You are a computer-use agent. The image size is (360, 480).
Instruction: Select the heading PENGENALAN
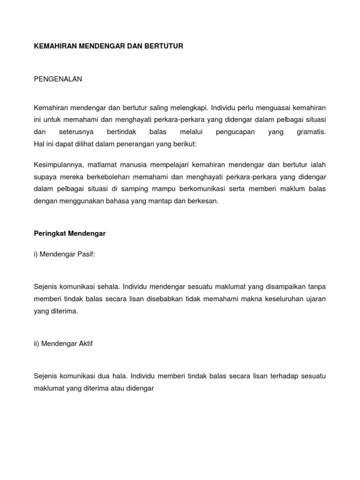(58, 79)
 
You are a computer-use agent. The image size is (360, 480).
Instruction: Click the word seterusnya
(76, 132)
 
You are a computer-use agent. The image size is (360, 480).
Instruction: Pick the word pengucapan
(235, 132)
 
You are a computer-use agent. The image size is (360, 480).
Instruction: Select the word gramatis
(311, 132)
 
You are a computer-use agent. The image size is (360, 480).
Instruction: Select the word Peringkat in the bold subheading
(50, 233)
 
